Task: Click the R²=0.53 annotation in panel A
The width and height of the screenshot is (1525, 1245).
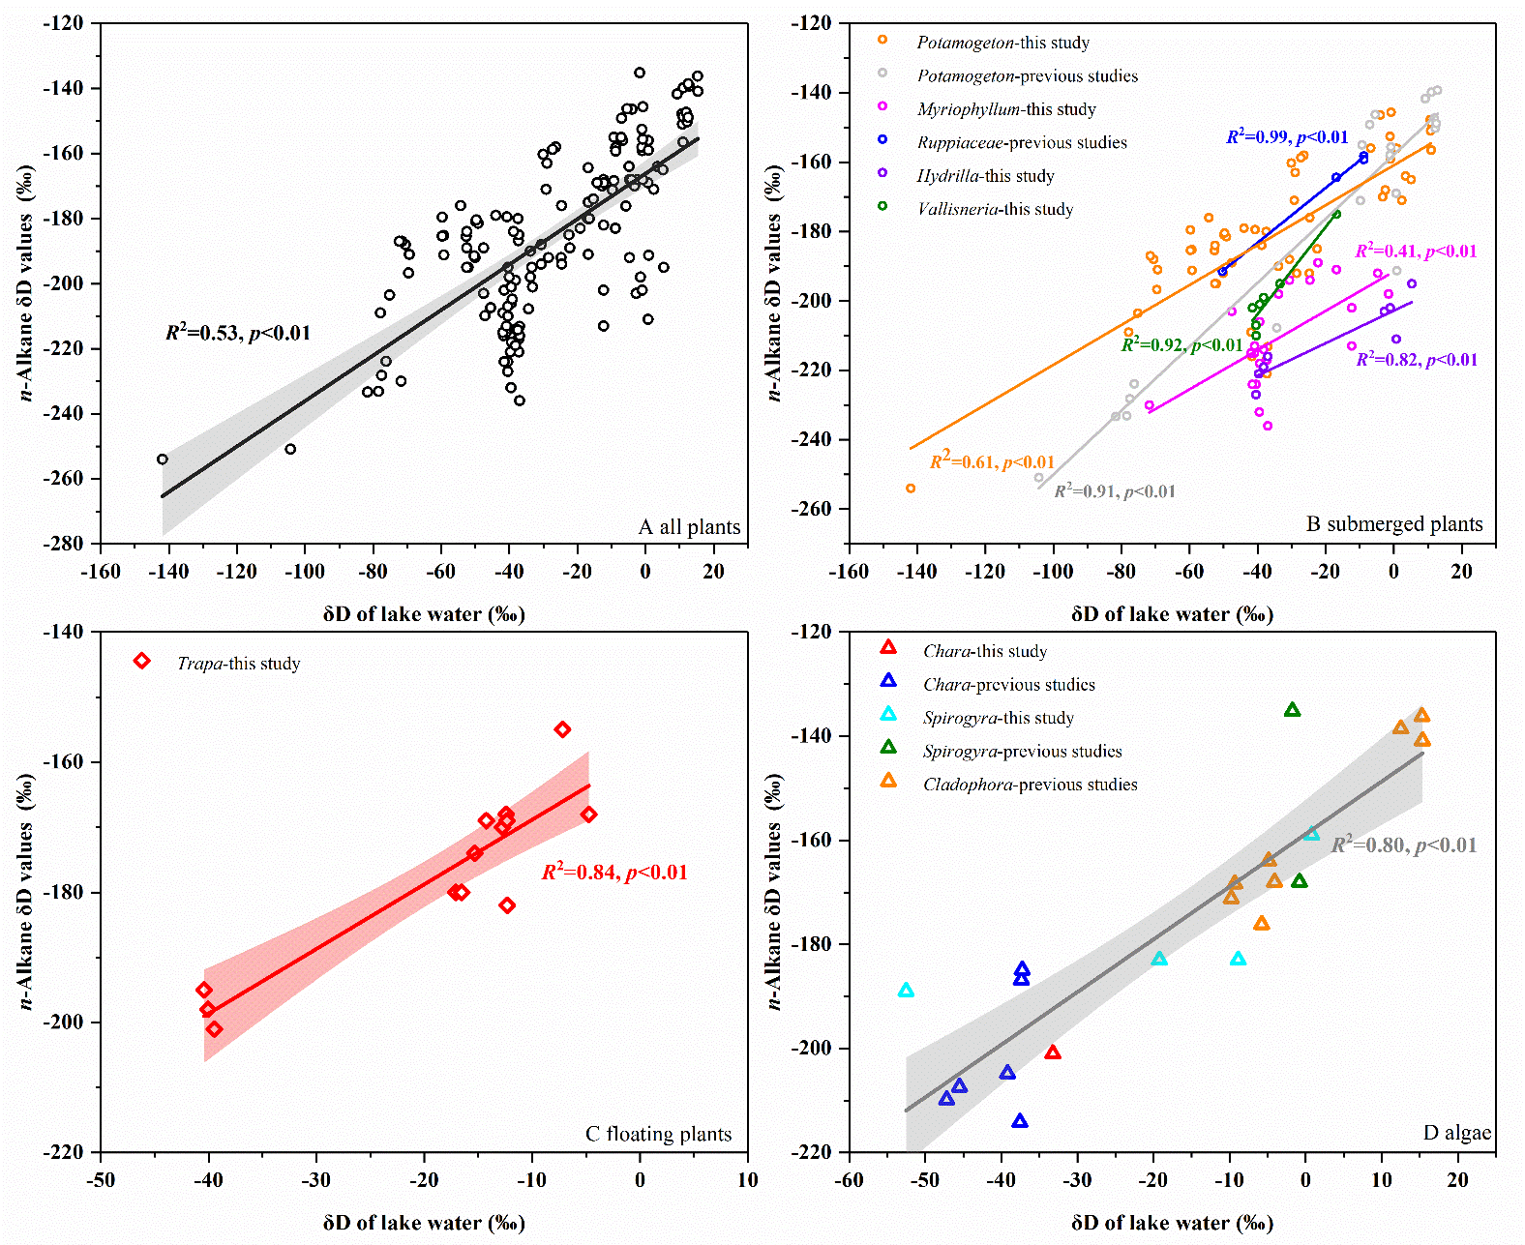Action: (x=238, y=333)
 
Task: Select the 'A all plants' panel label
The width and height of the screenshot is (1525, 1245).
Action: (x=689, y=527)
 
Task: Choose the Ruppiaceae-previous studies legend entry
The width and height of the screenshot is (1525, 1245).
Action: (x=1021, y=142)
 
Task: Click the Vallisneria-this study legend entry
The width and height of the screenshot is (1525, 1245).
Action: (x=994, y=209)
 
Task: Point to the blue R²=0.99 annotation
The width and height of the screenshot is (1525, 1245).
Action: (x=1287, y=137)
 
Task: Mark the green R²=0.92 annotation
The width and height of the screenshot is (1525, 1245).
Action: (x=1181, y=345)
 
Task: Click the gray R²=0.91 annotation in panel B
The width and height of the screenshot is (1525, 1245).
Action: (x=1115, y=491)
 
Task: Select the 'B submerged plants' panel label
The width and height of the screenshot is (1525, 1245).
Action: (x=1394, y=524)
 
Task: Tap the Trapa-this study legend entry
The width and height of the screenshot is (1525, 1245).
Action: (x=237, y=664)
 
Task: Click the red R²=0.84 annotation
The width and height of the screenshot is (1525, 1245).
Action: (x=614, y=873)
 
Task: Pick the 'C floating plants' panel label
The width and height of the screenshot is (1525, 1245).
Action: (x=658, y=1134)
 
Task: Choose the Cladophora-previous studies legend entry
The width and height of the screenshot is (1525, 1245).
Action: (x=1030, y=785)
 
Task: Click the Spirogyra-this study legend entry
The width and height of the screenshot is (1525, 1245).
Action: (x=998, y=718)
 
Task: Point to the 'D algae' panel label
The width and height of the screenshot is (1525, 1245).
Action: (x=1456, y=1133)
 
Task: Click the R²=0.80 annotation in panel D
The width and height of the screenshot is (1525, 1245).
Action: (x=1404, y=845)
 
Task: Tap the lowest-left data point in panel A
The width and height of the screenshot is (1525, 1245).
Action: (x=163, y=459)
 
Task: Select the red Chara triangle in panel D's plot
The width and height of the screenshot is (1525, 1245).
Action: (x=1053, y=1052)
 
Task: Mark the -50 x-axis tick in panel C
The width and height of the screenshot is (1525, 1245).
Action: (x=101, y=1180)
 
